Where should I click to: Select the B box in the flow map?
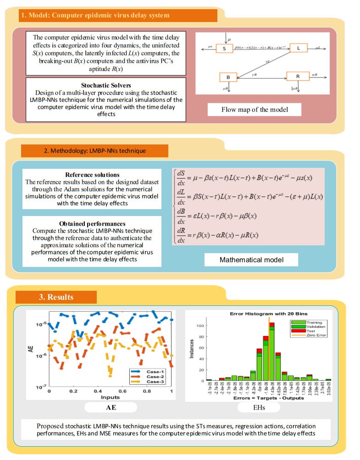[x=228, y=77]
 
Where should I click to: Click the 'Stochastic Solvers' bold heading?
[x=106, y=85]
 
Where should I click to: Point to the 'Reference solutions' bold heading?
[x=92, y=175]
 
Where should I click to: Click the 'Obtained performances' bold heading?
[x=92, y=224]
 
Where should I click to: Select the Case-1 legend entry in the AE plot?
[x=153, y=371]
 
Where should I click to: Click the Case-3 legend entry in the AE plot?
[x=153, y=383]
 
